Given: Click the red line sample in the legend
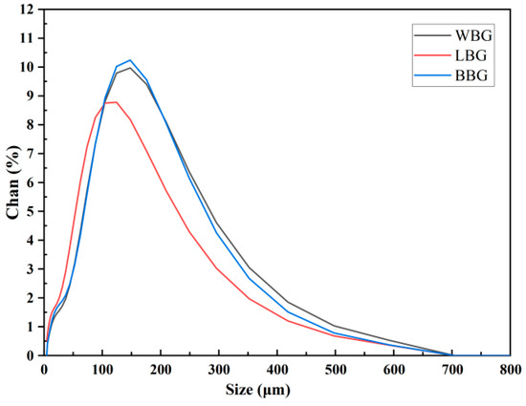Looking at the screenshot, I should coord(427,55).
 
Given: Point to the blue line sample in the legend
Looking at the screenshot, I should coord(427,77).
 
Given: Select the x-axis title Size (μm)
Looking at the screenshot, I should coord(276,390).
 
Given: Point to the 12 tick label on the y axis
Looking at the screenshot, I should coord(28,10).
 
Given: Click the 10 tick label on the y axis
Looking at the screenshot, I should coord(28,67).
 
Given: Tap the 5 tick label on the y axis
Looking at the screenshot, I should coord(31,211).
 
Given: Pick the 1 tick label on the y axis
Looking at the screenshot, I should coord(31,327).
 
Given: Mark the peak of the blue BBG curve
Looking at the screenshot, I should coord(130,60).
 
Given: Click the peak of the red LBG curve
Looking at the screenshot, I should coord(116,102).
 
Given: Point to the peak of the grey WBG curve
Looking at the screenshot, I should coord(130,68).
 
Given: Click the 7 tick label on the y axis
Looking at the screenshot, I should coord(31,154).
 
